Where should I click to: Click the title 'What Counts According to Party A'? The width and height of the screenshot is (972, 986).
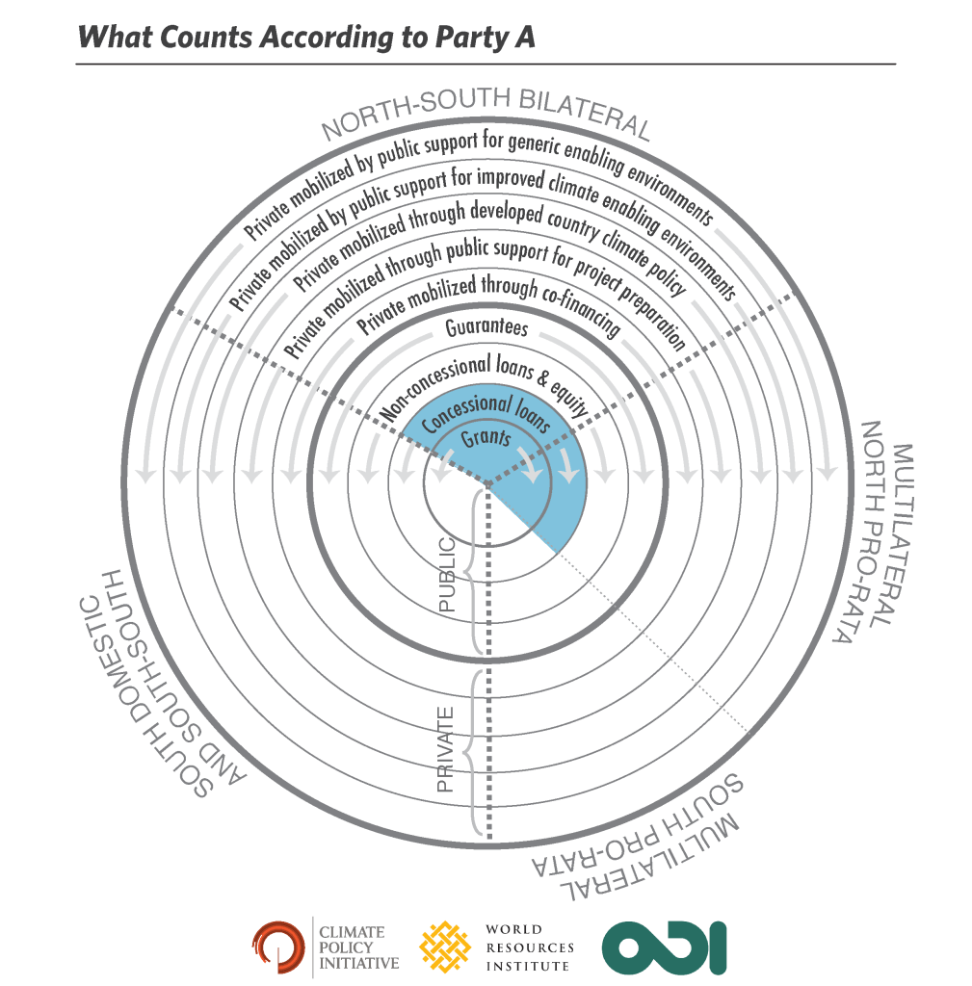[x=305, y=37]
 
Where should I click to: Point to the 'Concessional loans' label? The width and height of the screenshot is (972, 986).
[x=486, y=415]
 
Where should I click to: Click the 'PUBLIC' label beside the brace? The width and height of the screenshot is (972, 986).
[x=448, y=579]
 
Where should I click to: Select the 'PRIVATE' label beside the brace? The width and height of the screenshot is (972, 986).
[x=447, y=749]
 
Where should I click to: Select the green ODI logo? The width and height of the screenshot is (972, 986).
[x=664, y=947]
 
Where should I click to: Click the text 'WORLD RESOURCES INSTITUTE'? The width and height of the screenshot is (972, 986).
[x=528, y=947]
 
